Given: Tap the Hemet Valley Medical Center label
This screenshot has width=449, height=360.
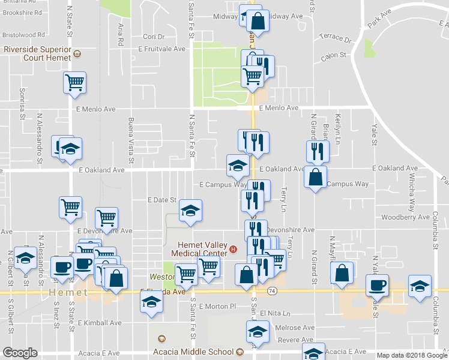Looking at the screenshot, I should tap(203, 248).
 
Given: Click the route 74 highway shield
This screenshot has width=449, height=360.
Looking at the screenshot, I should tap(272, 290).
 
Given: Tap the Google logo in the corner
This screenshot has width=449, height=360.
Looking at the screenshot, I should tap(19, 353).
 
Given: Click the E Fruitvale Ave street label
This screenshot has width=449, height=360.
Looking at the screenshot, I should tap(163, 49).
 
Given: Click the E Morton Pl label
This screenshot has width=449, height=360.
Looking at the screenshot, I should tap(206, 307).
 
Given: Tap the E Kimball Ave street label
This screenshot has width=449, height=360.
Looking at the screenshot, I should tap(100, 323).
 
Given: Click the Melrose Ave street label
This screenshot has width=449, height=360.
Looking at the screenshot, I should tap(295, 328).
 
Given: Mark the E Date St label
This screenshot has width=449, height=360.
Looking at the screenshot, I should tap(162, 200).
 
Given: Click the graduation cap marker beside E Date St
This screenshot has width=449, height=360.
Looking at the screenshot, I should tap(190, 211).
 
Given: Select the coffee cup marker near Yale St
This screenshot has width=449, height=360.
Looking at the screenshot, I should tap(377, 284).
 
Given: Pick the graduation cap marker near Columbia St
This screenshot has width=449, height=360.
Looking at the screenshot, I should tap(420, 284).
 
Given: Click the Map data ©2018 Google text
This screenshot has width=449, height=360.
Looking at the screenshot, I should tap(412, 355).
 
